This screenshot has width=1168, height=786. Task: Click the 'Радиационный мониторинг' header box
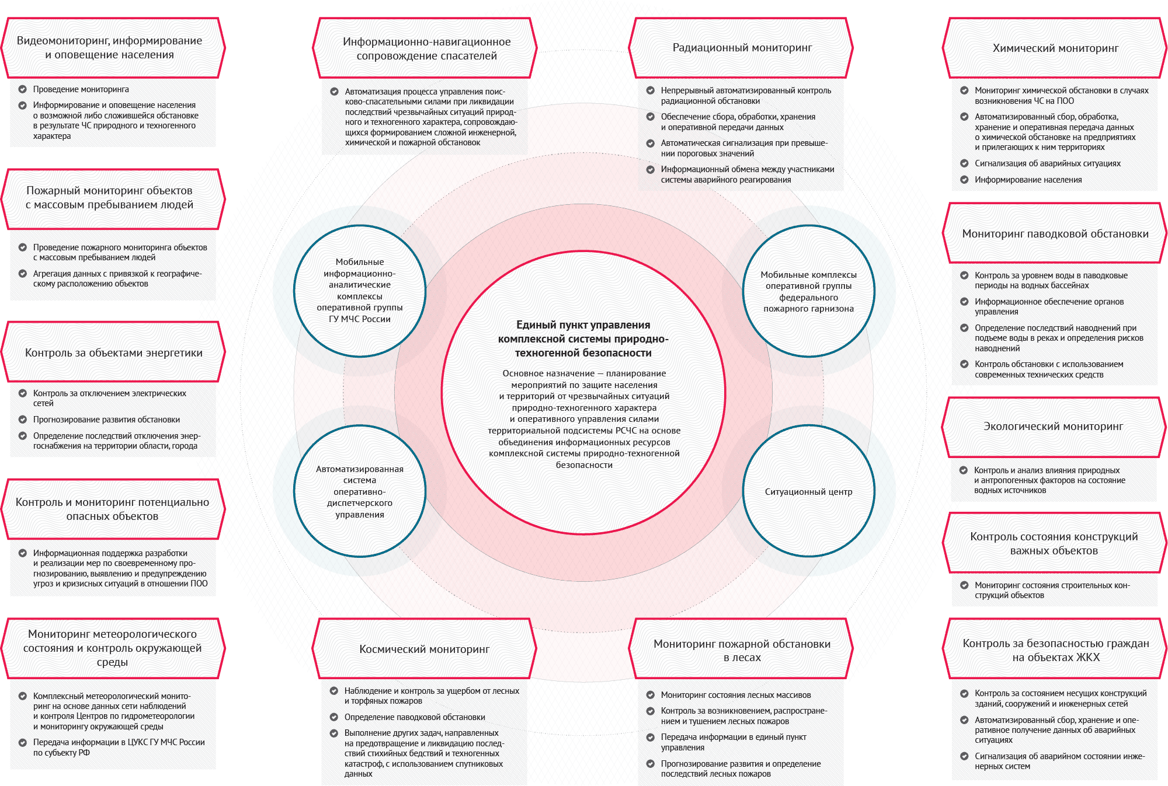741,48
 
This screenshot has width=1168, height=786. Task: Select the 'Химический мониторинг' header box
1055,48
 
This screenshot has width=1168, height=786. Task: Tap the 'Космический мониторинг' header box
425,649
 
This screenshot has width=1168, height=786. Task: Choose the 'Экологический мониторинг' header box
1054,427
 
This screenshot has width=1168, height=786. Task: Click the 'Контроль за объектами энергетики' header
113,352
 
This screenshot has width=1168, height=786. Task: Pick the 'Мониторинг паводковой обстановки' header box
1055,233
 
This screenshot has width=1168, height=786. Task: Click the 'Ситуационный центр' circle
809,491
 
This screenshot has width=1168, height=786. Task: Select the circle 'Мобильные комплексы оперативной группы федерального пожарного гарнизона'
809,291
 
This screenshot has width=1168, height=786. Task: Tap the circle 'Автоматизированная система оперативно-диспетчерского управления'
360,491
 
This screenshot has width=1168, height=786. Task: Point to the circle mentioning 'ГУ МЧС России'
360,291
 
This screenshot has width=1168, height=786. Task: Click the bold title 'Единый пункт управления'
583,325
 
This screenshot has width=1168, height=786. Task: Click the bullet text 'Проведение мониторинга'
81,89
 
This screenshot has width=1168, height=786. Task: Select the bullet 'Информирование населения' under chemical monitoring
1028,180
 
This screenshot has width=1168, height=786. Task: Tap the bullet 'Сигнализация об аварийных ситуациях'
1048,163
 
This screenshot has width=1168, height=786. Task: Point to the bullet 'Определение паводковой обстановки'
415,717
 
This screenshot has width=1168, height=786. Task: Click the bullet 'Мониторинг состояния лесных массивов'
736,695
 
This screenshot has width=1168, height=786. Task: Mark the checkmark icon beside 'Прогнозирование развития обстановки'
23,420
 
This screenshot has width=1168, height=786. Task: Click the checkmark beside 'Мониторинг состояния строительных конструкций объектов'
964,585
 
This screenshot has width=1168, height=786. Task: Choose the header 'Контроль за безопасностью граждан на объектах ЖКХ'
1055,649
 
